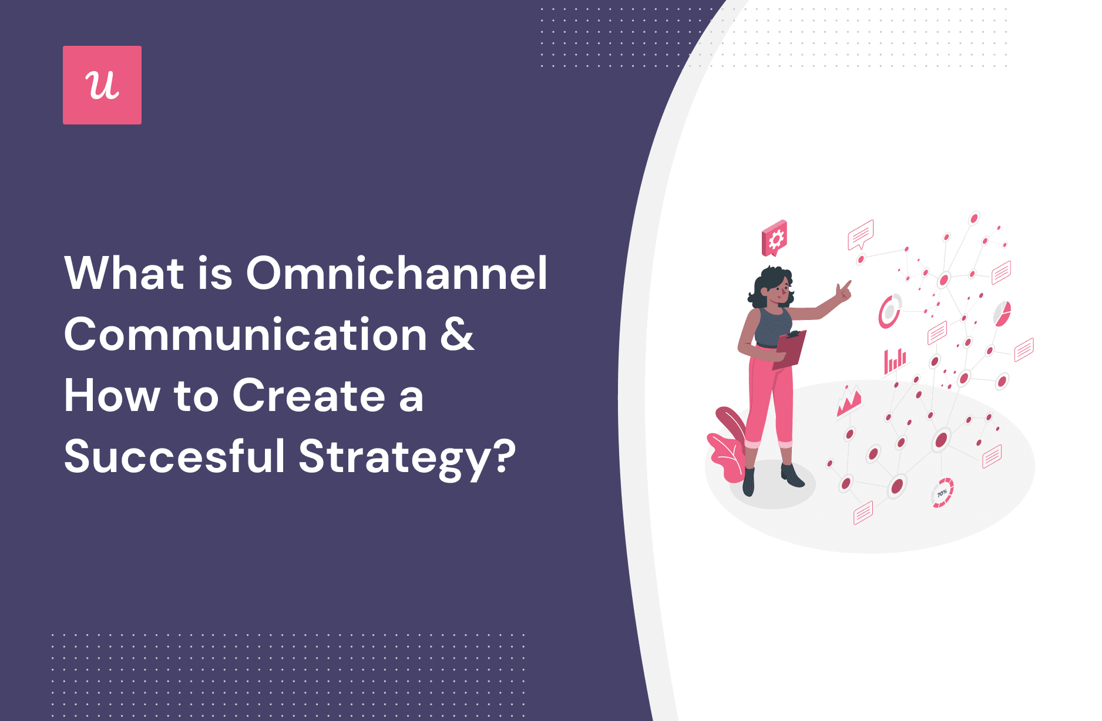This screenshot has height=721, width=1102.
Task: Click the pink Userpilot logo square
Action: click(x=102, y=85)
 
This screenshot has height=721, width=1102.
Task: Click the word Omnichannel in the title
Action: click(x=397, y=273)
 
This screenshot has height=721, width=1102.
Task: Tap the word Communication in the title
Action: click(x=246, y=335)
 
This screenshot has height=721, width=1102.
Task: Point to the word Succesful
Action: click(x=174, y=456)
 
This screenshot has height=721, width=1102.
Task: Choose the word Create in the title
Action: click(x=309, y=396)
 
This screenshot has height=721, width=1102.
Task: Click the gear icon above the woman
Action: click(x=774, y=238)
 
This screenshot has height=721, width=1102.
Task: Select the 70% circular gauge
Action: click(x=942, y=493)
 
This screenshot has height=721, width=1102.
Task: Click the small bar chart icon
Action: click(x=895, y=361)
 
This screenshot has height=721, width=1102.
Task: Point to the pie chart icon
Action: click(x=1002, y=314)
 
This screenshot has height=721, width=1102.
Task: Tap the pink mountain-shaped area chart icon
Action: click(x=849, y=401)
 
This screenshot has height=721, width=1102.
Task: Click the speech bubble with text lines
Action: click(x=861, y=235)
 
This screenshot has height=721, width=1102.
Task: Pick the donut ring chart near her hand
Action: click(x=889, y=311)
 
